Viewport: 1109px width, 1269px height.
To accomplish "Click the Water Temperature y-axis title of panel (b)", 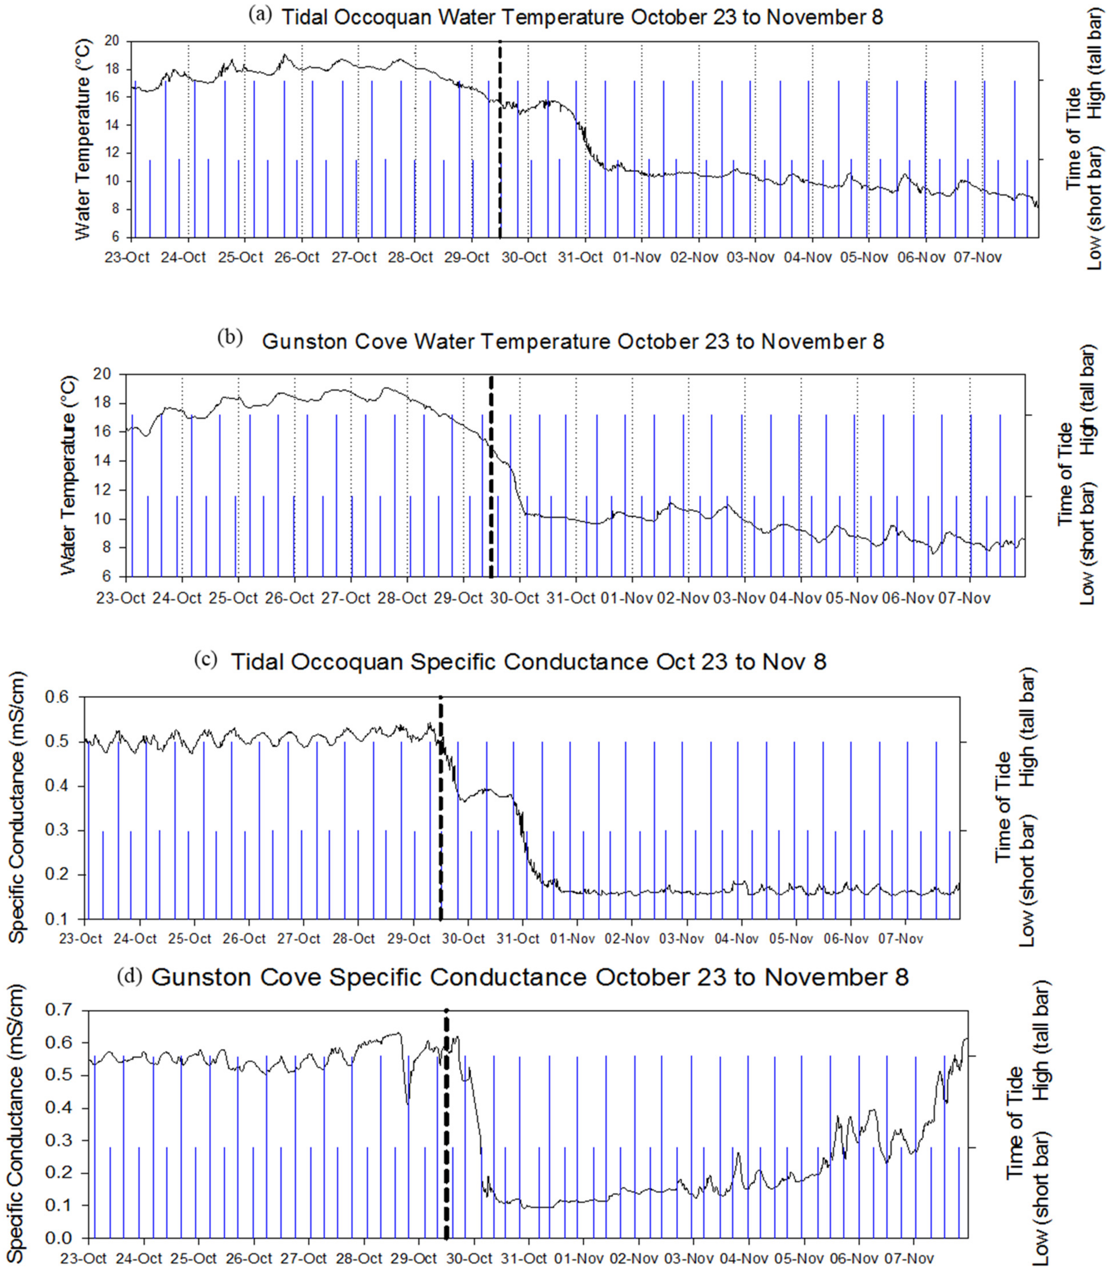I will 70,475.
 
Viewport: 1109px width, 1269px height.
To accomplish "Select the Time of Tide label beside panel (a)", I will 1075,139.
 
